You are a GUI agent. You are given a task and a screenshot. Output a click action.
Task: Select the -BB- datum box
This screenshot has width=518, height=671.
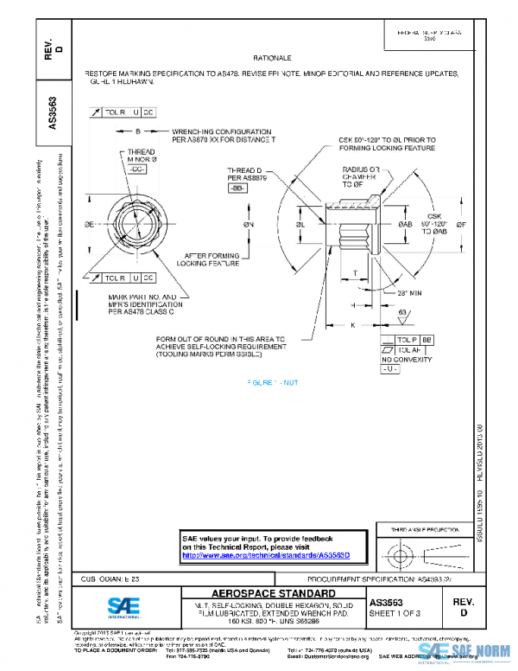237,188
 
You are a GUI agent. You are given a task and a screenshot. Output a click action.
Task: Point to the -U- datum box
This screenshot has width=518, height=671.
389,369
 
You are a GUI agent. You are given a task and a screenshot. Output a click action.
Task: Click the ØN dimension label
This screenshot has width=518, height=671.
249,225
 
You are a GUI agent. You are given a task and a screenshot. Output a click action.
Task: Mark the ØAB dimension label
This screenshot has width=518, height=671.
406,225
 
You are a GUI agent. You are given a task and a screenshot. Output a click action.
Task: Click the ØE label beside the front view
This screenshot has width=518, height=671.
88,223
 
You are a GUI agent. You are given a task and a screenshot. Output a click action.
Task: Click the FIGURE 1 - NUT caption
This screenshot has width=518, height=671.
275,381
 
